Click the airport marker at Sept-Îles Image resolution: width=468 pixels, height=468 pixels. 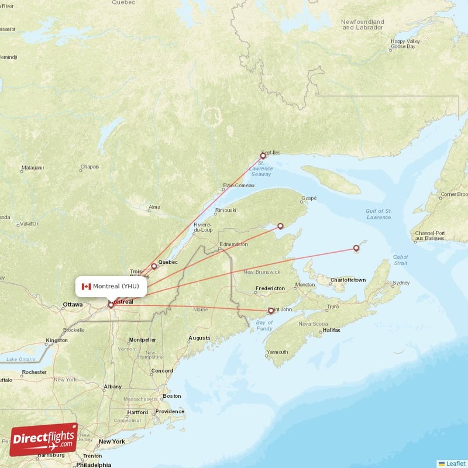click(x=263, y=156)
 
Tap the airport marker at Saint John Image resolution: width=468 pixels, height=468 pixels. click(x=270, y=311)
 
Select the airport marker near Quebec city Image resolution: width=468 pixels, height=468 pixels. click(x=154, y=266)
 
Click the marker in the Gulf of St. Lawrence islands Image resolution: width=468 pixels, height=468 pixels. click(x=356, y=249)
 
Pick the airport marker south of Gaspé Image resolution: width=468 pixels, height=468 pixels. click(x=280, y=226)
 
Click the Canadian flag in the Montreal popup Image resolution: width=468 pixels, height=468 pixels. click(x=86, y=286)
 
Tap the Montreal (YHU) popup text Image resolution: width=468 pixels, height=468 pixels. click(x=116, y=286)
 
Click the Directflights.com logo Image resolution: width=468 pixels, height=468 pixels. click(x=43, y=439)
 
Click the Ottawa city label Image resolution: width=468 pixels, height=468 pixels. click(x=73, y=305)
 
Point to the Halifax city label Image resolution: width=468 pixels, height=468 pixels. click(x=331, y=331)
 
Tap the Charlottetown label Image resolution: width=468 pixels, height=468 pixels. click(x=348, y=280)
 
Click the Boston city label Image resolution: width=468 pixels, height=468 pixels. click(x=172, y=396)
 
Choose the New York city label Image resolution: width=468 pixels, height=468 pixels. click(x=112, y=441)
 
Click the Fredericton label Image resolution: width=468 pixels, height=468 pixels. click(x=270, y=288)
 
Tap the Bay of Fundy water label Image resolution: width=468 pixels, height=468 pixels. click(x=264, y=326)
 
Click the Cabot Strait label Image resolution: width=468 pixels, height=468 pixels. click(x=401, y=259)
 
